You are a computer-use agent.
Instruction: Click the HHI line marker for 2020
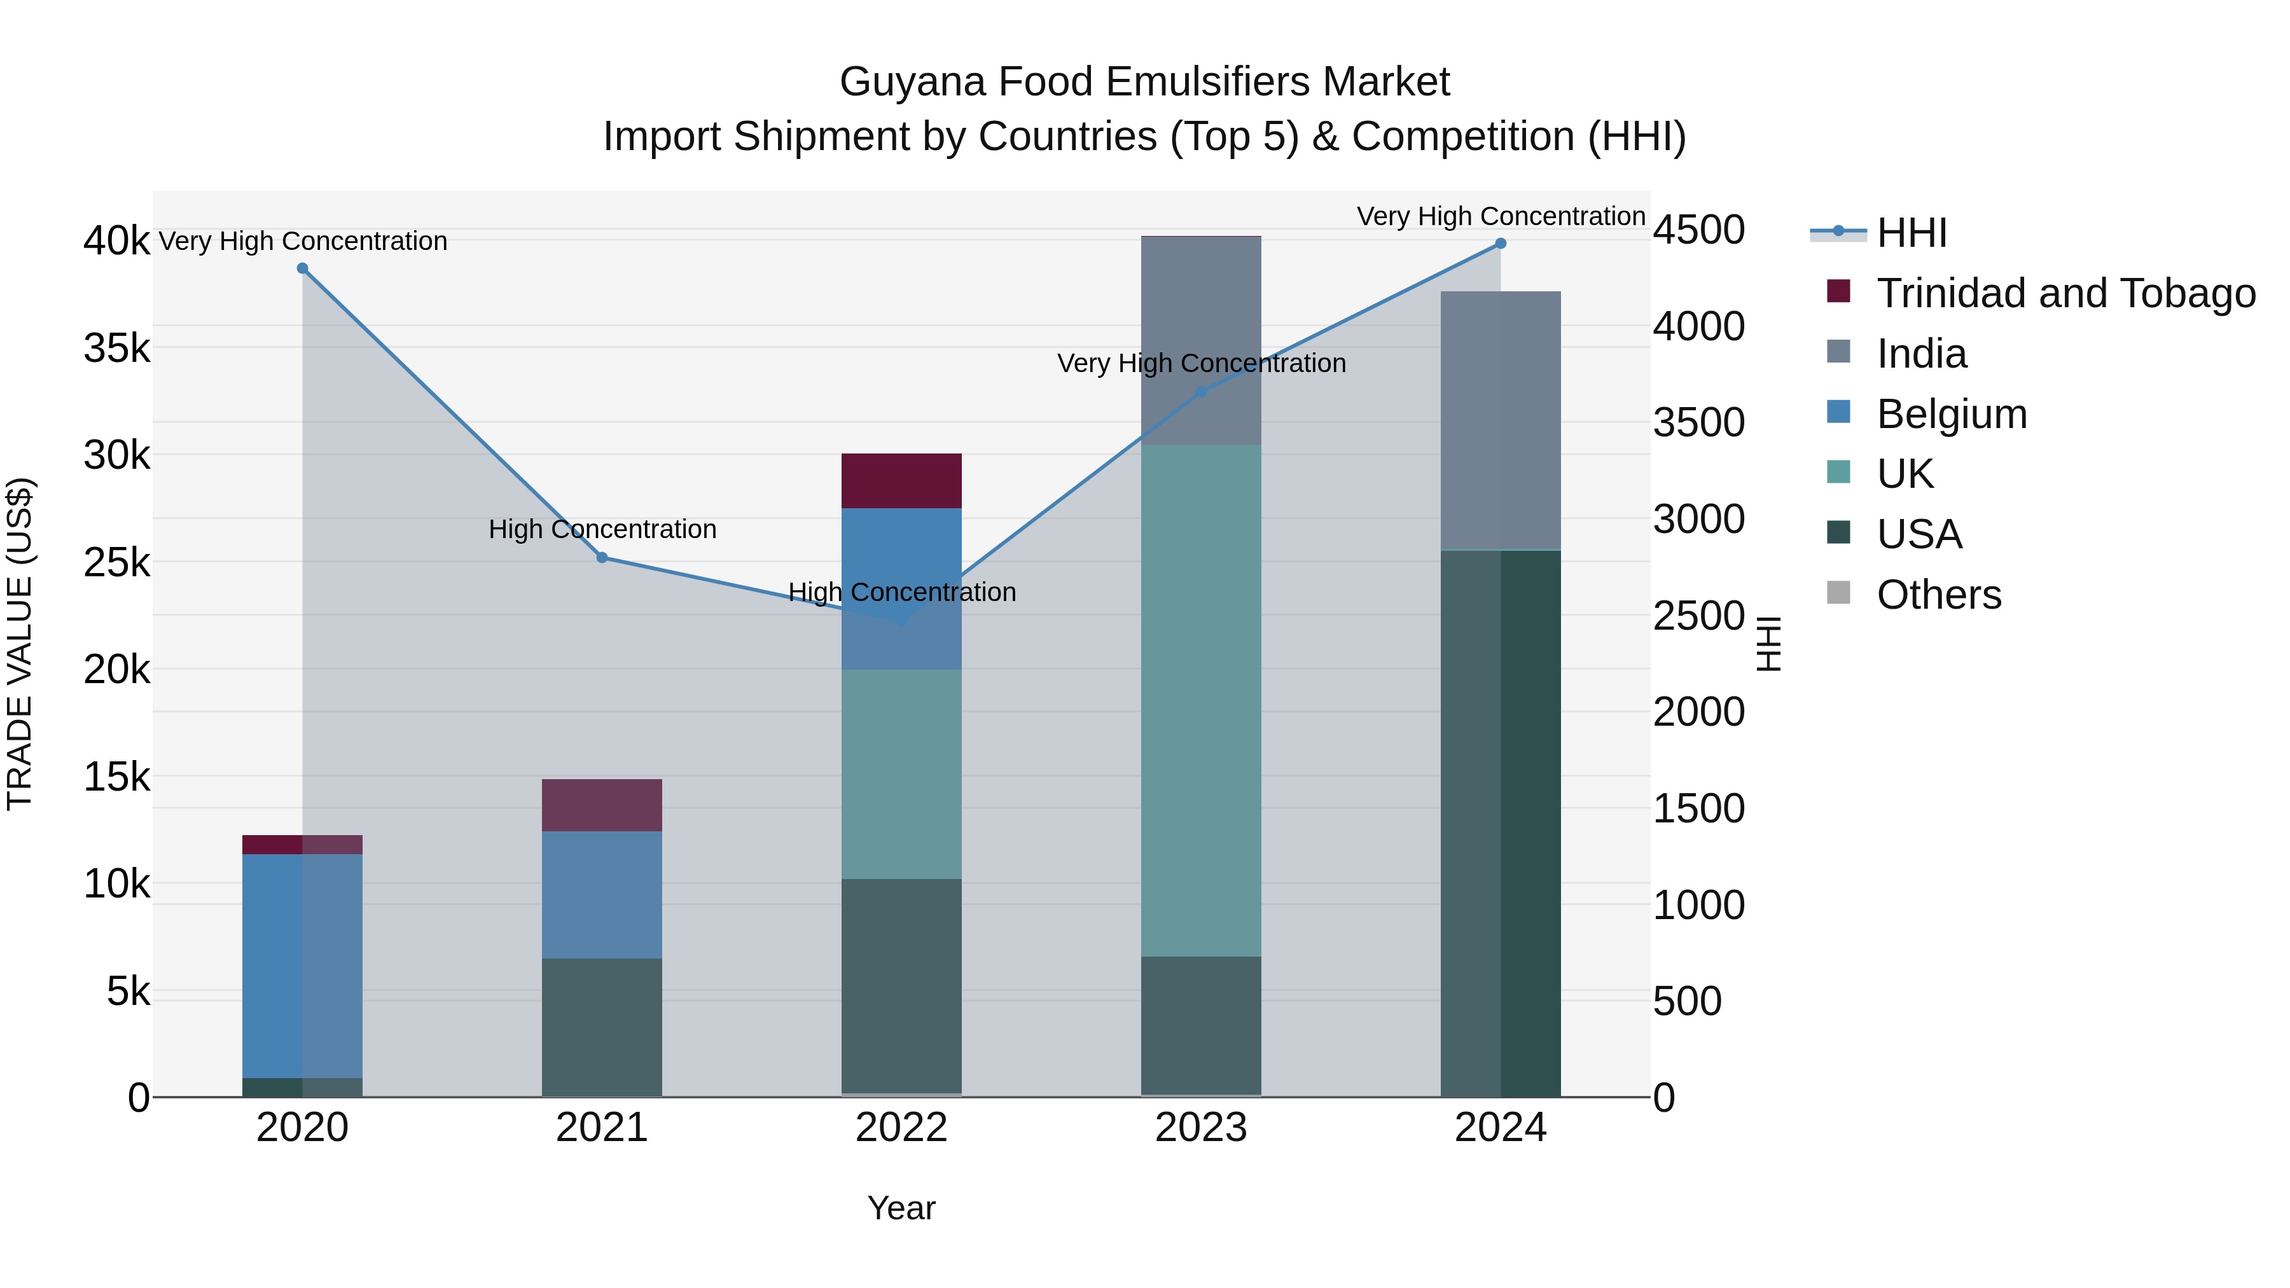pos(302,268)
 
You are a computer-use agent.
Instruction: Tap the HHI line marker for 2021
pos(602,557)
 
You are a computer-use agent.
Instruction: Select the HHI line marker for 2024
pos(1501,244)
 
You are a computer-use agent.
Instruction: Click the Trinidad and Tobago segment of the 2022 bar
pos(901,481)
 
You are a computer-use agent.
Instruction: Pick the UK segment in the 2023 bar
pos(1201,700)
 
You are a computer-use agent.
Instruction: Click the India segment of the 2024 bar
pos(1501,420)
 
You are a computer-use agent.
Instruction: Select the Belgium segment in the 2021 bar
pos(602,894)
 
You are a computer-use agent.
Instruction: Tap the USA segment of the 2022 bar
pos(901,986)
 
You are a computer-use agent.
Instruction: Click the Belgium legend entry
pos(1952,414)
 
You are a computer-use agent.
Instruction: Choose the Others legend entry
pos(1938,595)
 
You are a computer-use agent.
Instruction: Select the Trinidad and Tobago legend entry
pos(2065,293)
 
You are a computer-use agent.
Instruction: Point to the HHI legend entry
pos(1912,233)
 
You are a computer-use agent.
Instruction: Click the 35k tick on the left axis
pos(116,349)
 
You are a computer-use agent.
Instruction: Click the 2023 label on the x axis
pos(1201,1128)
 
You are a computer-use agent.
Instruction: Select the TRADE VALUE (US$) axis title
pos(20,644)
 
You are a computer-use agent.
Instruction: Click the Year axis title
pos(901,1208)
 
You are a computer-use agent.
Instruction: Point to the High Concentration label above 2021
pos(602,530)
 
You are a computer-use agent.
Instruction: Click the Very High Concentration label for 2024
pos(1501,217)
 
